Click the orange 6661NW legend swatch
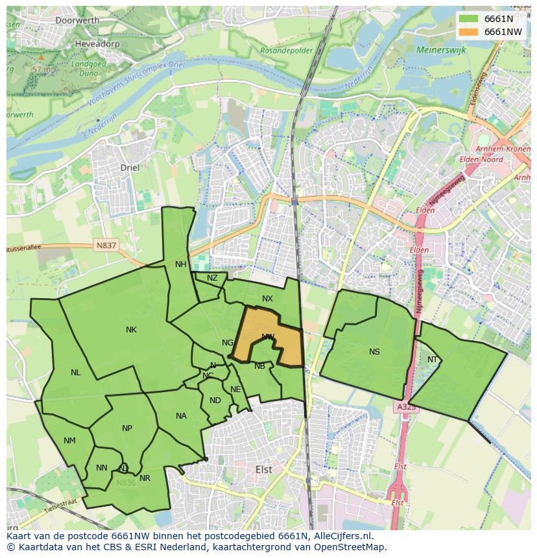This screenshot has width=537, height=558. pos(468,32)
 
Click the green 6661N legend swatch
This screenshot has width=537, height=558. pos(468,19)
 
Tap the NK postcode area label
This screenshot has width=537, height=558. pos(131,330)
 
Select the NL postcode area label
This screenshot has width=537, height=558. pos(76,373)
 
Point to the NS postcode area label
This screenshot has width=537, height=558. pos(374,352)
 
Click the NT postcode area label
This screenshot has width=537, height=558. pos(433,360)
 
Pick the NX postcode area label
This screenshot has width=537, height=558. pos(267,299)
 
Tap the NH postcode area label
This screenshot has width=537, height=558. pos(180,264)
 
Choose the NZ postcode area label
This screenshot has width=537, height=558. pos(212,278)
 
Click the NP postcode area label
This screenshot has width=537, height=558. pos(127,428)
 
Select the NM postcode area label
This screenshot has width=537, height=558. pos(69,441)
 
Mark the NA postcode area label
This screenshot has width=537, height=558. pos(181,416)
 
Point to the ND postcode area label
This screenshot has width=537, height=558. pos(215,401)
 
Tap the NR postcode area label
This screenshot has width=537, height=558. pos(145,478)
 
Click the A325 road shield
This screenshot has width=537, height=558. pos(405,407)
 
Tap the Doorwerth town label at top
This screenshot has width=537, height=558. pos(77,20)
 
